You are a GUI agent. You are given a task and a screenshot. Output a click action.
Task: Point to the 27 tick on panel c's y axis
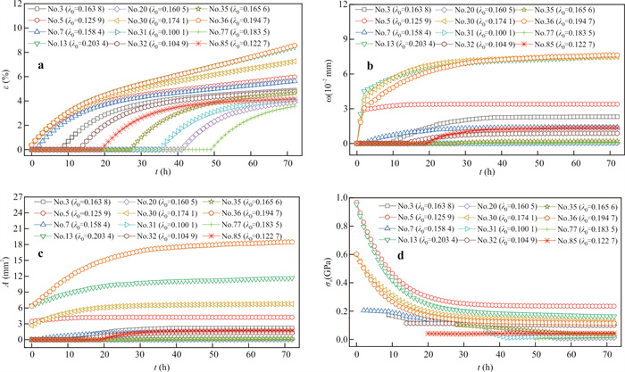click(x=20, y=194)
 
